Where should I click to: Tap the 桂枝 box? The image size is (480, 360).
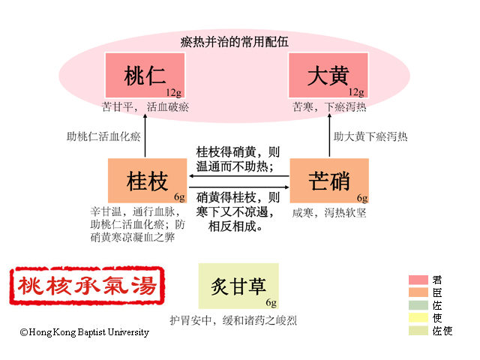coord(148,180)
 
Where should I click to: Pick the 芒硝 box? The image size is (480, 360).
coord(329,180)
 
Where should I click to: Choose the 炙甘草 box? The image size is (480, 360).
coord(238,286)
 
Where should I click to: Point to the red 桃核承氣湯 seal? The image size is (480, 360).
coord(88,286)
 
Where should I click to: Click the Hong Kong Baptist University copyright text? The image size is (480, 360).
coord(85,332)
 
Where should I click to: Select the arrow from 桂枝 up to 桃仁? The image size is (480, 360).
coord(145,136)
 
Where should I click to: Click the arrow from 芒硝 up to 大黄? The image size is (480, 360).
coord(332,136)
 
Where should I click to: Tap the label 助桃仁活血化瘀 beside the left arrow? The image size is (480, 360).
coord(103,136)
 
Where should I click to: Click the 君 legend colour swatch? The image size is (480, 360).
coord(418,280)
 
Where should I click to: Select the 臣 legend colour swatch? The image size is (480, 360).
coord(418,292)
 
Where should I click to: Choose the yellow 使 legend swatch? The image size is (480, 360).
coord(418,318)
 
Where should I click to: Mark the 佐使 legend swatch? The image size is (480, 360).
coord(418,331)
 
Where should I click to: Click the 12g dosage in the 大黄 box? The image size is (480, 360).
coord(356,92)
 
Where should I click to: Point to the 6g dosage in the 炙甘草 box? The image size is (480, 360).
coord(271,302)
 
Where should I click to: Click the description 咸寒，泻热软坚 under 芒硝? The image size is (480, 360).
coord(329,212)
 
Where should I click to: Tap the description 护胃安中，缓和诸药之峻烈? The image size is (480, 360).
coord(233,320)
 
